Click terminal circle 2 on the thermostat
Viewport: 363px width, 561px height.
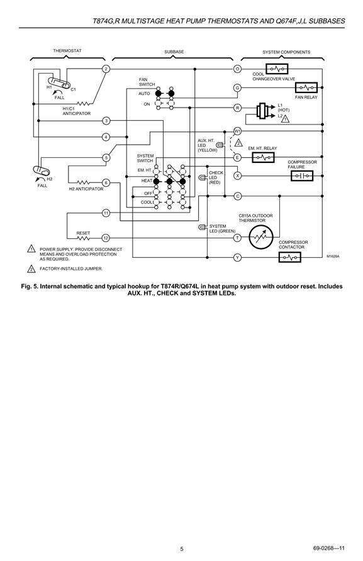tap(106, 69)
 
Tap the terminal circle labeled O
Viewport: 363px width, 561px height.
tap(237, 69)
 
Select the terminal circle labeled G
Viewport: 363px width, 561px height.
tap(237, 87)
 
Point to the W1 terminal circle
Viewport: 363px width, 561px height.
tap(237, 131)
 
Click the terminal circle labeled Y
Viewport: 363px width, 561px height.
tap(237, 257)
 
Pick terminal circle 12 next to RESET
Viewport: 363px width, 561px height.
tap(106, 238)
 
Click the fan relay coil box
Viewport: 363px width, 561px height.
tap(306, 87)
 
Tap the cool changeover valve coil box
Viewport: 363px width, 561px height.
tap(277, 69)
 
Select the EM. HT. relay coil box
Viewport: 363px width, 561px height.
tap(263, 157)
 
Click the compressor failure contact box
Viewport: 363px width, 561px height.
tap(302, 175)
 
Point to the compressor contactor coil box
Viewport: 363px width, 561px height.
tap(289, 257)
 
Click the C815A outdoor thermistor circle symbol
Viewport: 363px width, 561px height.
tap(261, 237)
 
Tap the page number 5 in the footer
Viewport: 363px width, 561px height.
tap(182, 549)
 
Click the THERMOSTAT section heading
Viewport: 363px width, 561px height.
tap(67, 51)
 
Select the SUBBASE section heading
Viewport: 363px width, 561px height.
tap(174, 52)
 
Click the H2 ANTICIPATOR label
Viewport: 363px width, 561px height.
tap(86, 189)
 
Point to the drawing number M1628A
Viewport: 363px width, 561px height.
tap(333, 256)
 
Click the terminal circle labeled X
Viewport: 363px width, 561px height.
tap(237, 175)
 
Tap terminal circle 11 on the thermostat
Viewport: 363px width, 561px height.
tap(106, 213)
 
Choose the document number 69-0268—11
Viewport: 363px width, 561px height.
tap(329, 548)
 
